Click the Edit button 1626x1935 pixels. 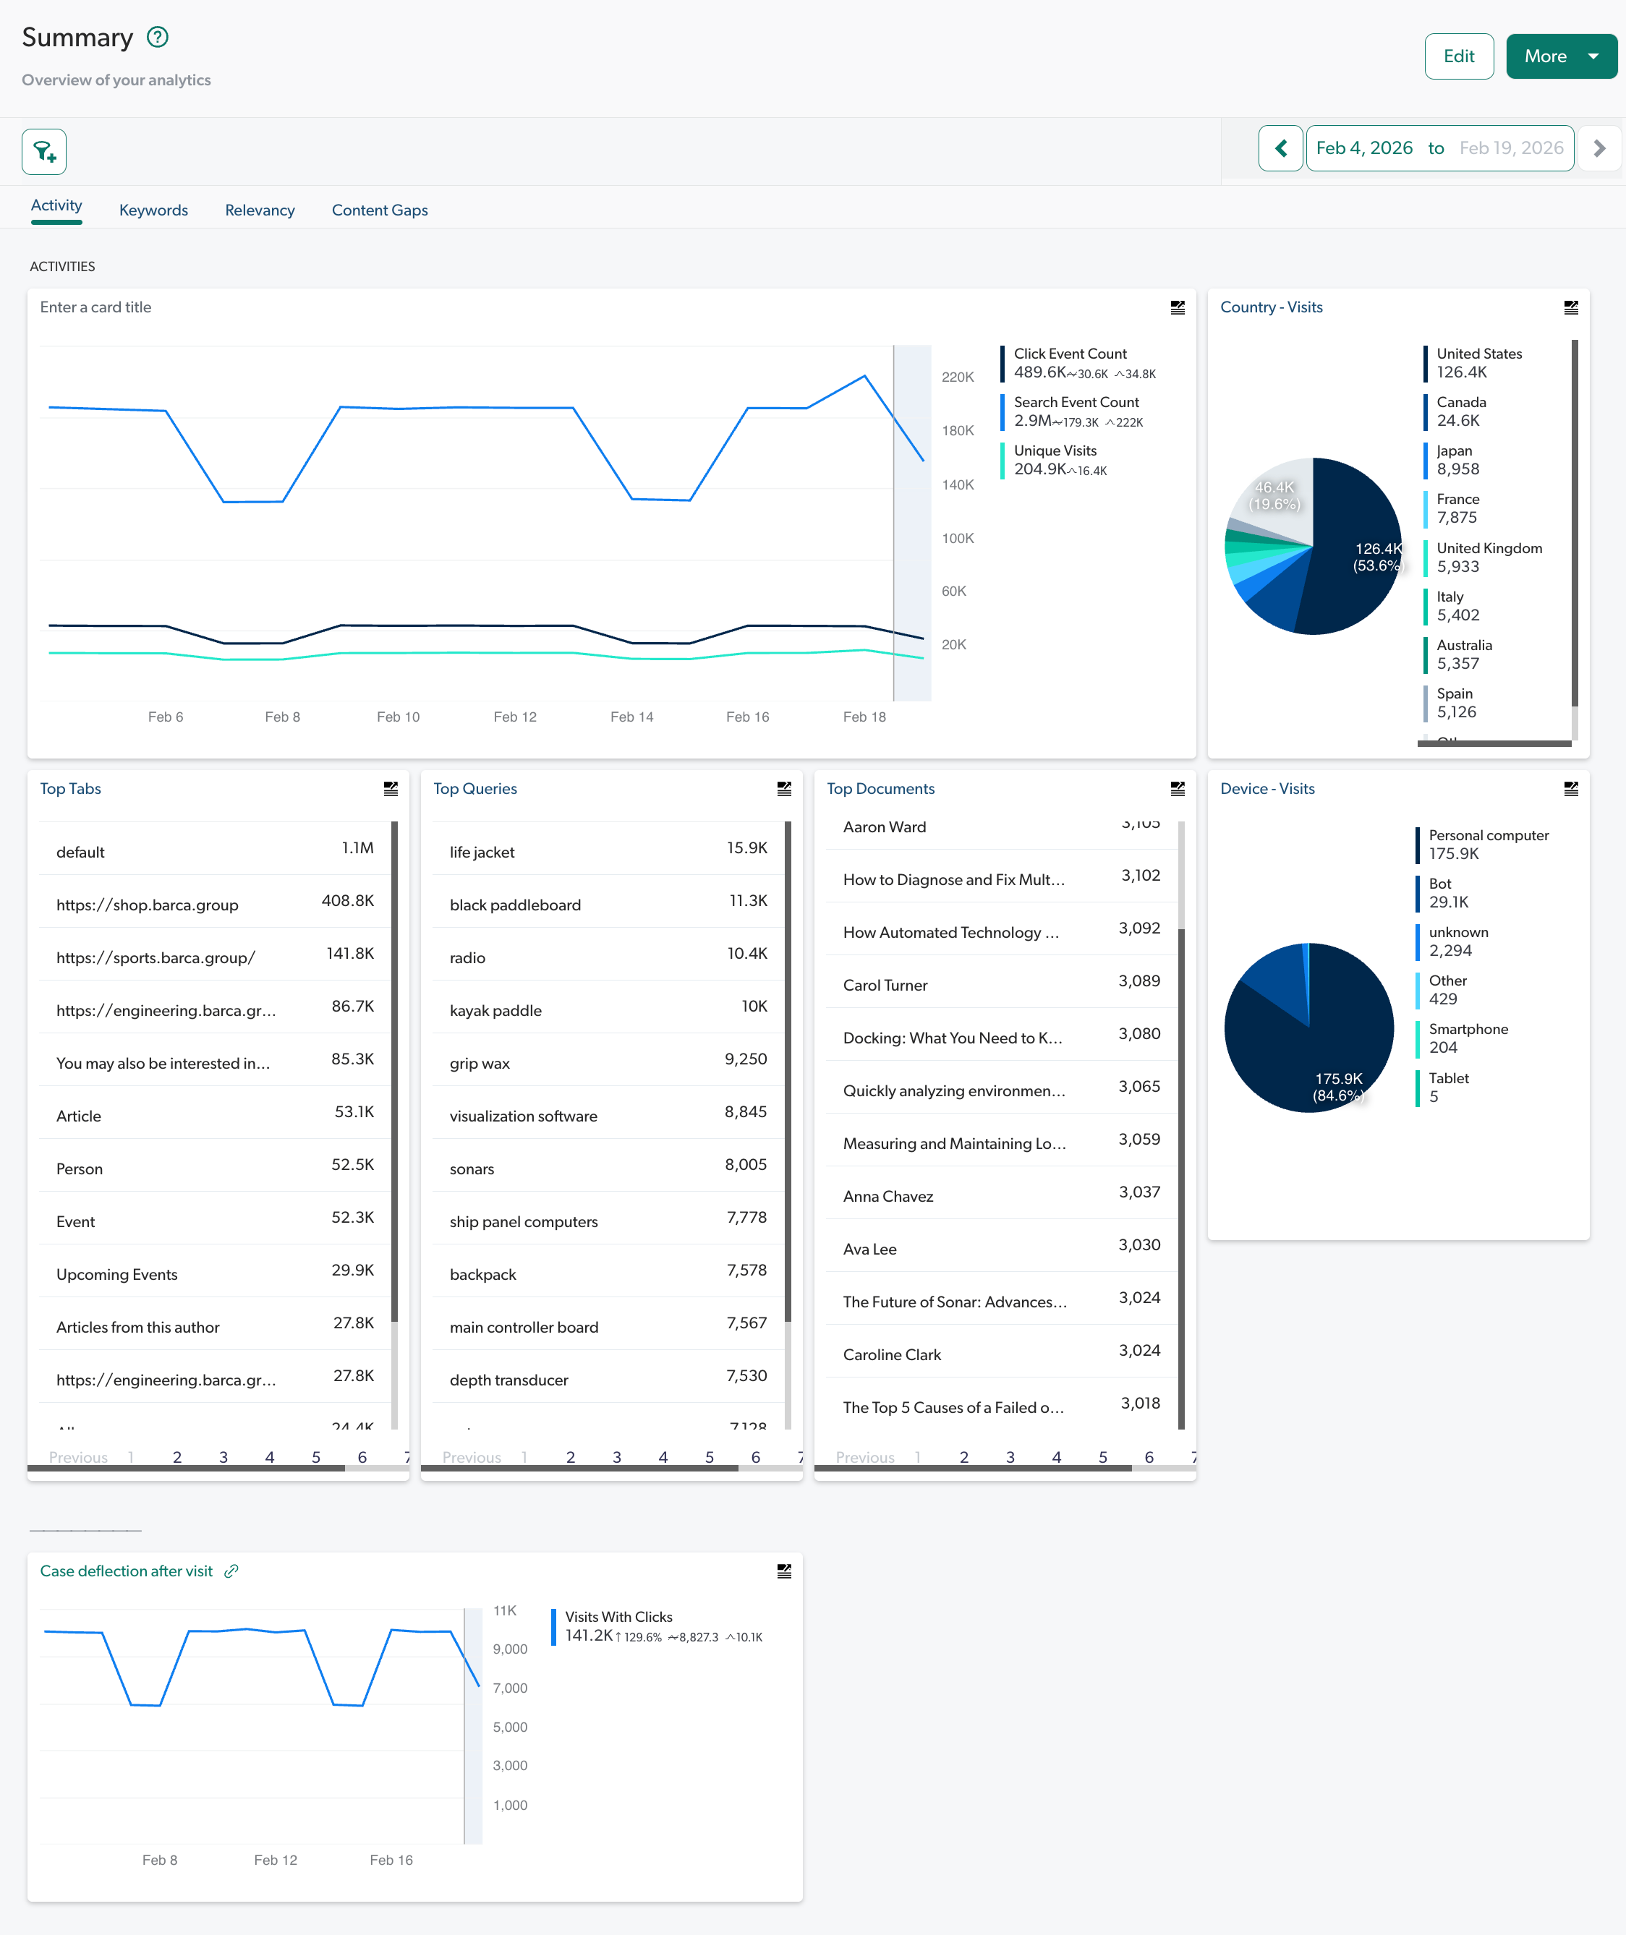pyautogui.click(x=1458, y=56)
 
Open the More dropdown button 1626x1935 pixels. pyautogui.click(x=1561, y=56)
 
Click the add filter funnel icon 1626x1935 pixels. pyautogui.click(x=44, y=151)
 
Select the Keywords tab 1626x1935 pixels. pyautogui.click(x=153, y=210)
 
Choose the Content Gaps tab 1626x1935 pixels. pyautogui.click(x=379, y=210)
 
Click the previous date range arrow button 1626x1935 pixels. pyautogui.click(x=1280, y=148)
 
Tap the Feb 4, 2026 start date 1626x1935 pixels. pyautogui.click(x=1363, y=148)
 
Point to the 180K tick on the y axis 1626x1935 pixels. pyautogui.click(x=957, y=430)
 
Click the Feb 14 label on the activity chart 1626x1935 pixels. pyautogui.click(x=631, y=717)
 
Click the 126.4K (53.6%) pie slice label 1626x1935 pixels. pyautogui.click(x=1377, y=557)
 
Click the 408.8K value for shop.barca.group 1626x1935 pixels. pyautogui.click(x=346, y=900)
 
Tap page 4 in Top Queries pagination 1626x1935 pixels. pyautogui.click(x=663, y=1457)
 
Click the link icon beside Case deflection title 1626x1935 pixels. pyautogui.click(x=231, y=1571)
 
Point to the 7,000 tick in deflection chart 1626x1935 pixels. pyautogui.click(x=510, y=1688)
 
